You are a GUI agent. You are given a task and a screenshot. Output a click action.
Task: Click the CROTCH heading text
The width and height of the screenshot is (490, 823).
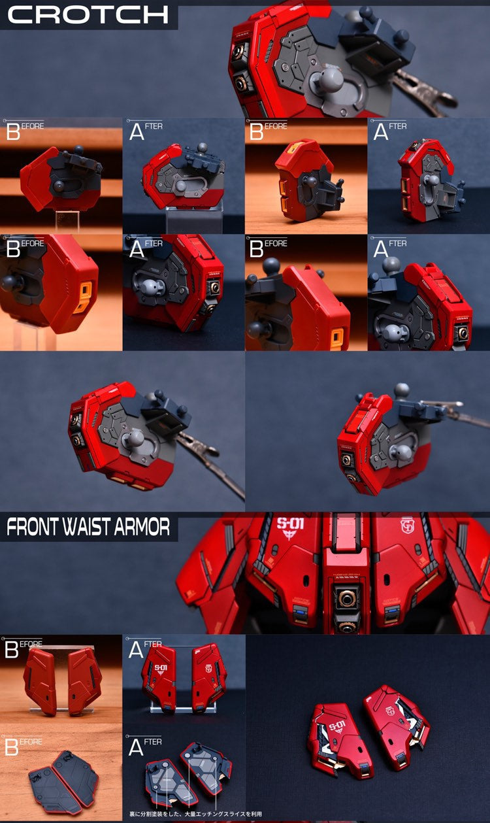pyautogui.click(x=88, y=14)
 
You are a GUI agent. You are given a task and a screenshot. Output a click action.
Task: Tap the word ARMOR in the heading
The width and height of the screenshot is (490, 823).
pyautogui.click(x=143, y=528)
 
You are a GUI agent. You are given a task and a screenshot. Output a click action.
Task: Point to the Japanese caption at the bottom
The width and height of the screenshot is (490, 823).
pyautogui.click(x=195, y=814)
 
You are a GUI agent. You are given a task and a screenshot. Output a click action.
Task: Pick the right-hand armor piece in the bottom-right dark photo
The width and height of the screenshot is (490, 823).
pyautogui.click(x=397, y=718)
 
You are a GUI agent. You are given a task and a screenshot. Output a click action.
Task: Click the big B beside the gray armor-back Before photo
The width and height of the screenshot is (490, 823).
pyautogui.click(x=12, y=747)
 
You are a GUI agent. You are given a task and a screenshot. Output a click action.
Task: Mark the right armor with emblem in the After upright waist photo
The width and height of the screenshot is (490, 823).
pyautogui.click(x=209, y=677)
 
